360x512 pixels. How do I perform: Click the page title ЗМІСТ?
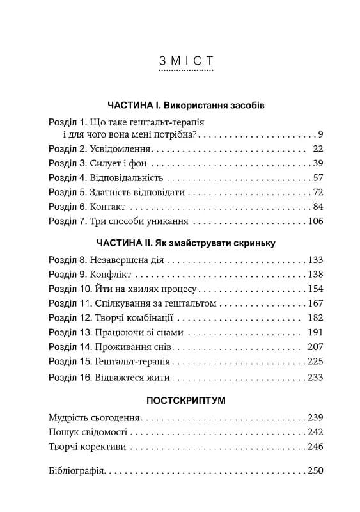click(185, 61)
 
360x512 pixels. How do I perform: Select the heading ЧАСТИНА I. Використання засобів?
click(185, 104)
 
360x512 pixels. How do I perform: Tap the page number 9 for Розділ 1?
click(320, 134)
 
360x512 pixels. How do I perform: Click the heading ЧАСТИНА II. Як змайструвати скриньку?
click(185, 243)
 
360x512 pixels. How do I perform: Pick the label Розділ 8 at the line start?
click(68, 260)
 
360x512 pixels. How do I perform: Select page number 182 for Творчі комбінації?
click(316, 317)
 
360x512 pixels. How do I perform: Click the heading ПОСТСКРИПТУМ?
click(185, 400)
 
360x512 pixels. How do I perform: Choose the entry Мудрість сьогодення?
click(94, 417)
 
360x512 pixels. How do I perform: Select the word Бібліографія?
click(76, 471)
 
